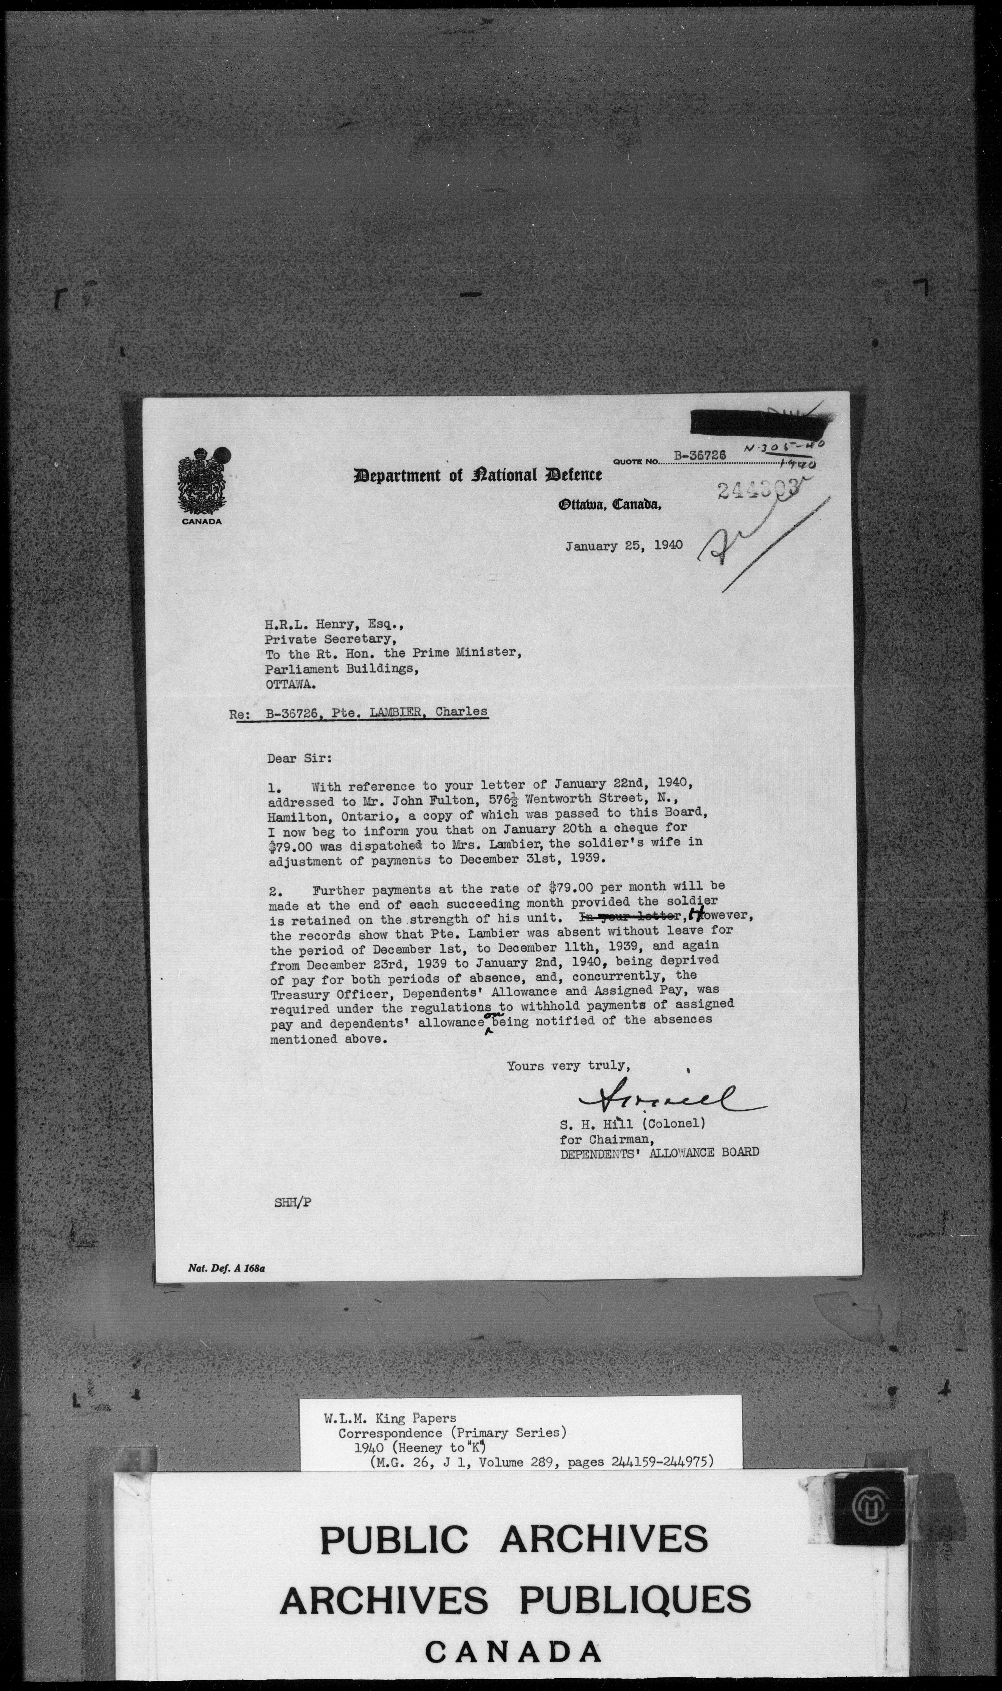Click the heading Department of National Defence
coord(477,475)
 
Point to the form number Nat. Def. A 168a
coord(226,1268)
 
